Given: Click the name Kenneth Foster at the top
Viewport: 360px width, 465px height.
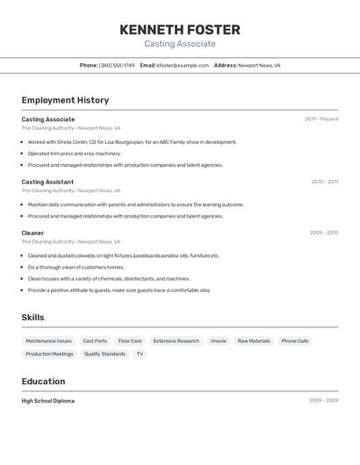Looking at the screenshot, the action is [180, 30].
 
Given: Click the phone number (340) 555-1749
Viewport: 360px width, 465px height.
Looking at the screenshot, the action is [117, 66].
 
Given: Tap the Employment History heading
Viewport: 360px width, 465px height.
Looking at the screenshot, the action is [65, 101].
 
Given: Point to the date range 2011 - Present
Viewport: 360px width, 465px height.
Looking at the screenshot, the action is [321, 119].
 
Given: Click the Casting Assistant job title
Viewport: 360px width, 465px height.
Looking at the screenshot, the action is [47, 182].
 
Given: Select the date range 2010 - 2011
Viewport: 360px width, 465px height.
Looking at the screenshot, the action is [324, 182].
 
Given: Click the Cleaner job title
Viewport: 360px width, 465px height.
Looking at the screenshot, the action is [32, 233].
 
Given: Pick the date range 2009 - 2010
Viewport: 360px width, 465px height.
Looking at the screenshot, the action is [324, 233].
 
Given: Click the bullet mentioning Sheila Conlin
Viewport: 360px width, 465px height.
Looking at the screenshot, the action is [132, 142].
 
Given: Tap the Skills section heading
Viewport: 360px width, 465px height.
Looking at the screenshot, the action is [32, 318].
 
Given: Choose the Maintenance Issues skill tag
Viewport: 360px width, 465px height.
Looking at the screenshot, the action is [48, 341].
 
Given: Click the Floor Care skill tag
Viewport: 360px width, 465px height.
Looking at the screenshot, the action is [130, 341].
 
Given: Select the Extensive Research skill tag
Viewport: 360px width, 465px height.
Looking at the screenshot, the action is [176, 341].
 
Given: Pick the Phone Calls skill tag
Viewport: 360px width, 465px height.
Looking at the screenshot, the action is [295, 341].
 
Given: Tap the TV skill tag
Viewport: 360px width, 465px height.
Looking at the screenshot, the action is [139, 354].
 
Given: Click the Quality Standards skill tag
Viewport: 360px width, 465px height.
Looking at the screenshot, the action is [104, 354].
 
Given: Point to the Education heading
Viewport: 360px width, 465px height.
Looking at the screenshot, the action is [43, 382].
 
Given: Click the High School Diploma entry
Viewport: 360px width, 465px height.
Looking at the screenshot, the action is [47, 401].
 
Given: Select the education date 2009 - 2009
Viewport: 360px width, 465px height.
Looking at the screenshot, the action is [323, 401].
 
